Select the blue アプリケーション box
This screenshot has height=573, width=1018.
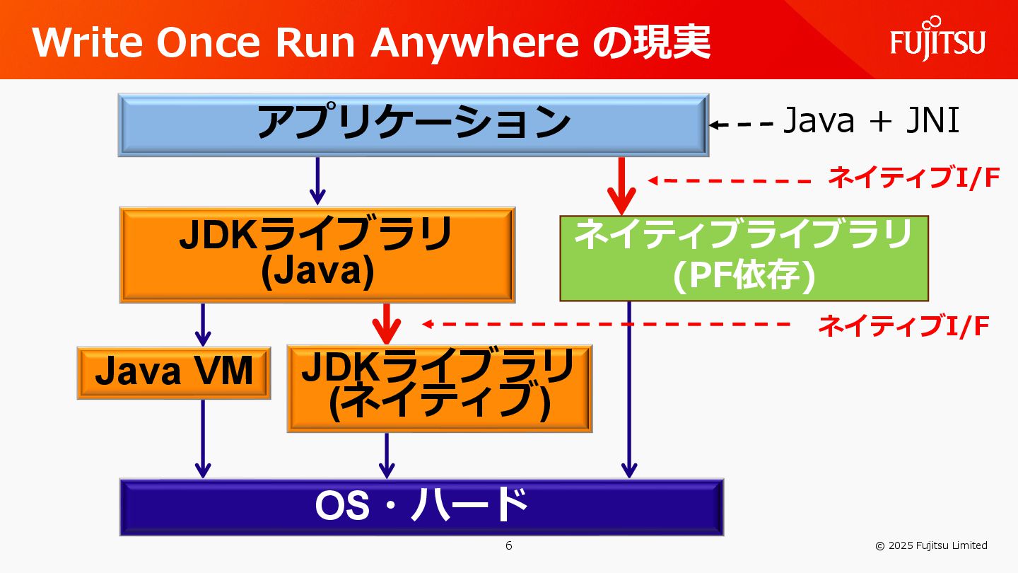point(414,125)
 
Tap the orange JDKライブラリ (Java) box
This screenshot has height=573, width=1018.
point(317,255)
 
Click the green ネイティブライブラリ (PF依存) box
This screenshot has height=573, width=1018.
point(744,258)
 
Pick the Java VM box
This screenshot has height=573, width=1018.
point(174,373)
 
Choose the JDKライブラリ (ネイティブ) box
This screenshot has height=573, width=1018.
point(439,388)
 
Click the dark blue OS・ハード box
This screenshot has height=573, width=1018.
point(422,507)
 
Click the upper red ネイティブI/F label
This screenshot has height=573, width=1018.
point(913,179)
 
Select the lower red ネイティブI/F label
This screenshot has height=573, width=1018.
point(903,326)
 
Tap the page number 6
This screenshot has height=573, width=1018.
point(508,545)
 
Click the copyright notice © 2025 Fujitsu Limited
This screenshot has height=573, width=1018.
point(931,545)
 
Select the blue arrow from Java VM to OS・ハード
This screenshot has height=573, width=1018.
point(203,439)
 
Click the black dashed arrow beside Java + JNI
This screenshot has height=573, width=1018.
point(742,125)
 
